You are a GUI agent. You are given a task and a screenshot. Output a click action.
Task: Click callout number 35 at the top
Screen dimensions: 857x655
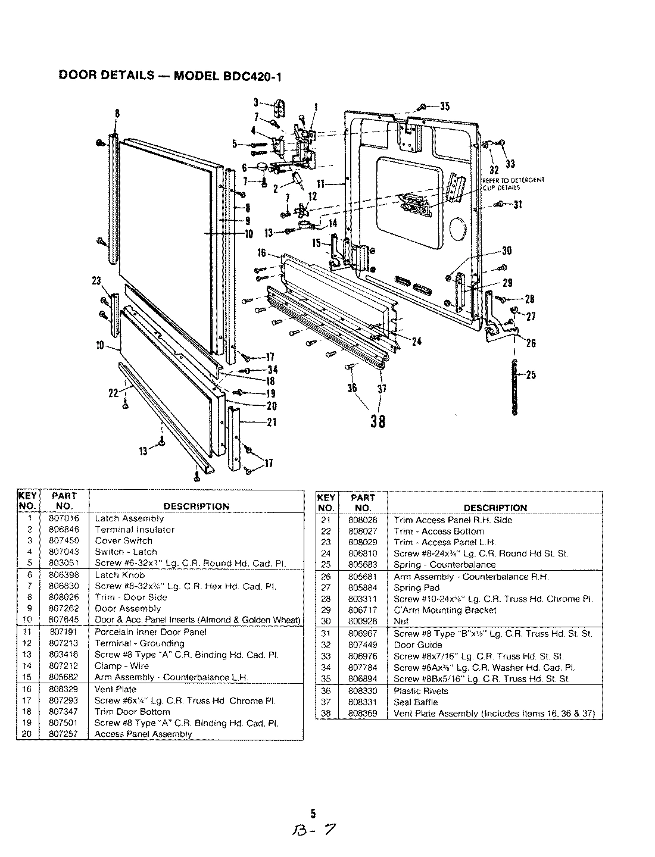pos(444,107)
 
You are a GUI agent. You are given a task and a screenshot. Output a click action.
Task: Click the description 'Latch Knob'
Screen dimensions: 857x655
pos(120,575)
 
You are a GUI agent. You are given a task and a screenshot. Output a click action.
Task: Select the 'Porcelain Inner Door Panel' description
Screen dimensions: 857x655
pos(151,632)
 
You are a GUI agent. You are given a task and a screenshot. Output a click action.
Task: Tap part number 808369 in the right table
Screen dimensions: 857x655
pos(363,713)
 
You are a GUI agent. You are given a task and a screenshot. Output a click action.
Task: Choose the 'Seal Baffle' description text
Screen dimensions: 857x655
pos(416,702)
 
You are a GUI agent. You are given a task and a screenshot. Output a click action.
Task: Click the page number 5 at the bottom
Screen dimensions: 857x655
pos(313,814)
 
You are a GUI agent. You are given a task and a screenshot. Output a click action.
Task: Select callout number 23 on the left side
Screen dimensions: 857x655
pos(96,281)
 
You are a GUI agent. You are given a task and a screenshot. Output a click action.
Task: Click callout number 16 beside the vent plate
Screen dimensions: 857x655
pos(261,254)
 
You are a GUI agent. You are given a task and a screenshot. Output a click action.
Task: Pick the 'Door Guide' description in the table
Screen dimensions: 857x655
pos(418,645)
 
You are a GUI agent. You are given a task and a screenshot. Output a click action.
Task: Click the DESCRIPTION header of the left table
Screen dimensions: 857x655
pos(196,506)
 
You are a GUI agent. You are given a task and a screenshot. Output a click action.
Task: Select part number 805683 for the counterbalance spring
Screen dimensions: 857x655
pos(363,565)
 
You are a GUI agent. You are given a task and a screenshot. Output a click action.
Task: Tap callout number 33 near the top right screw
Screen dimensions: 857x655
pos(510,164)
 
